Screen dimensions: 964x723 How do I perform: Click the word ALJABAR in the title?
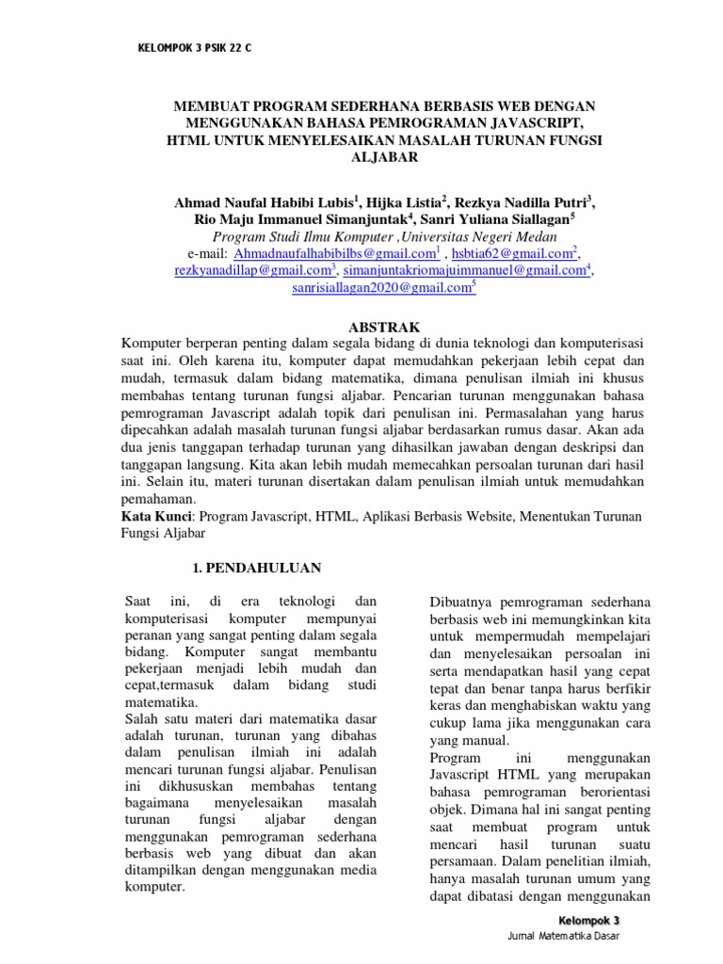384,157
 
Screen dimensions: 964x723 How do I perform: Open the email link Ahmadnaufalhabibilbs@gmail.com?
334,254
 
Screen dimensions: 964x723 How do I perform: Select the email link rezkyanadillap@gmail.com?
252,271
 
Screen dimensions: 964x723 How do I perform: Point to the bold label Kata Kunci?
156,516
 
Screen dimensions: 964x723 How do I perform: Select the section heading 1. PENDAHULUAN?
257,568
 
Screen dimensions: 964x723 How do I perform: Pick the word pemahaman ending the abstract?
159,499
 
